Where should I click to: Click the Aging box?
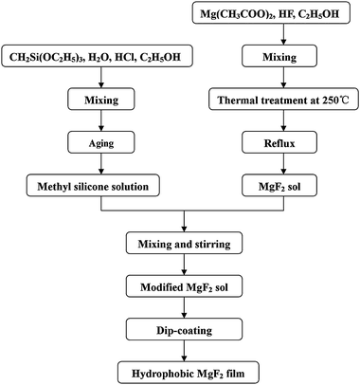[101, 143]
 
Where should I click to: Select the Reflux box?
[279, 143]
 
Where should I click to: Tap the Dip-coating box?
[185, 330]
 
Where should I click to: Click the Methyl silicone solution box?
[93, 186]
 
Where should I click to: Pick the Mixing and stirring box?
[185, 244]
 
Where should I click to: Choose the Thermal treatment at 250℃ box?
[283, 100]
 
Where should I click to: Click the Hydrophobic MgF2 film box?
[189, 373]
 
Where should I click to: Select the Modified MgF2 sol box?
[185, 286]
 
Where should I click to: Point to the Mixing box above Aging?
[101, 100]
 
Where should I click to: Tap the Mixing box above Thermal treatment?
[279, 57]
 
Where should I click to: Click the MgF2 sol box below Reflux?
[279, 186]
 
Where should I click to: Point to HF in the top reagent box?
[285, 14]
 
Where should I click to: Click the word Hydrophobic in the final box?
[163, 374]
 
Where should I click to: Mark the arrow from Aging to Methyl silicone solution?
[101, 164]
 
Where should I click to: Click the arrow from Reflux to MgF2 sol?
[283, 164]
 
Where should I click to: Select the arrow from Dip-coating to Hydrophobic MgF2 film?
[185, 351]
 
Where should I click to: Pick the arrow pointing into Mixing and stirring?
[185, 221]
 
